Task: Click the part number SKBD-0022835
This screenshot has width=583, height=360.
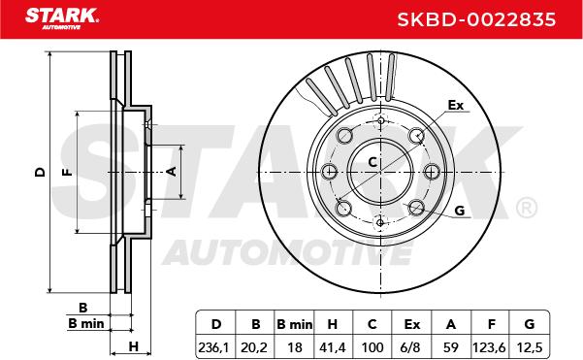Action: click(x=476, y=19)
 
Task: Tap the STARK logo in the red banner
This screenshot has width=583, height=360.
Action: click(x=62, y=18)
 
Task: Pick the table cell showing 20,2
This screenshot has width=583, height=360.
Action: click(x=254, y=347)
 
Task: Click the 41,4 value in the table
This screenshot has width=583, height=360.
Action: click(x=332, y=347)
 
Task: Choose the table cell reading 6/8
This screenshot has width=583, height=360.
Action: click(x=411, y=347)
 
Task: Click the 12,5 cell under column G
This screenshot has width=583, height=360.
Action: click(x=530, y=347)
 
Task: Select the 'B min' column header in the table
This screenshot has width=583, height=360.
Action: click(x=294, y=324)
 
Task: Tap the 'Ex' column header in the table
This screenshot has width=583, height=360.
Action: click(x=411, y=324)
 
